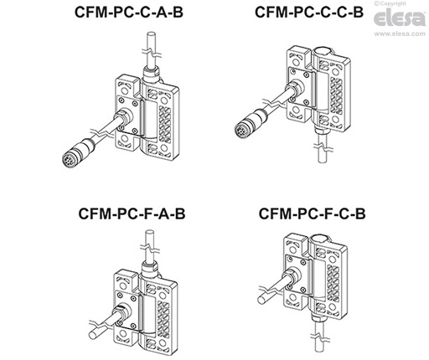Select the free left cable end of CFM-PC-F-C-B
[x=256, y=295]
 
